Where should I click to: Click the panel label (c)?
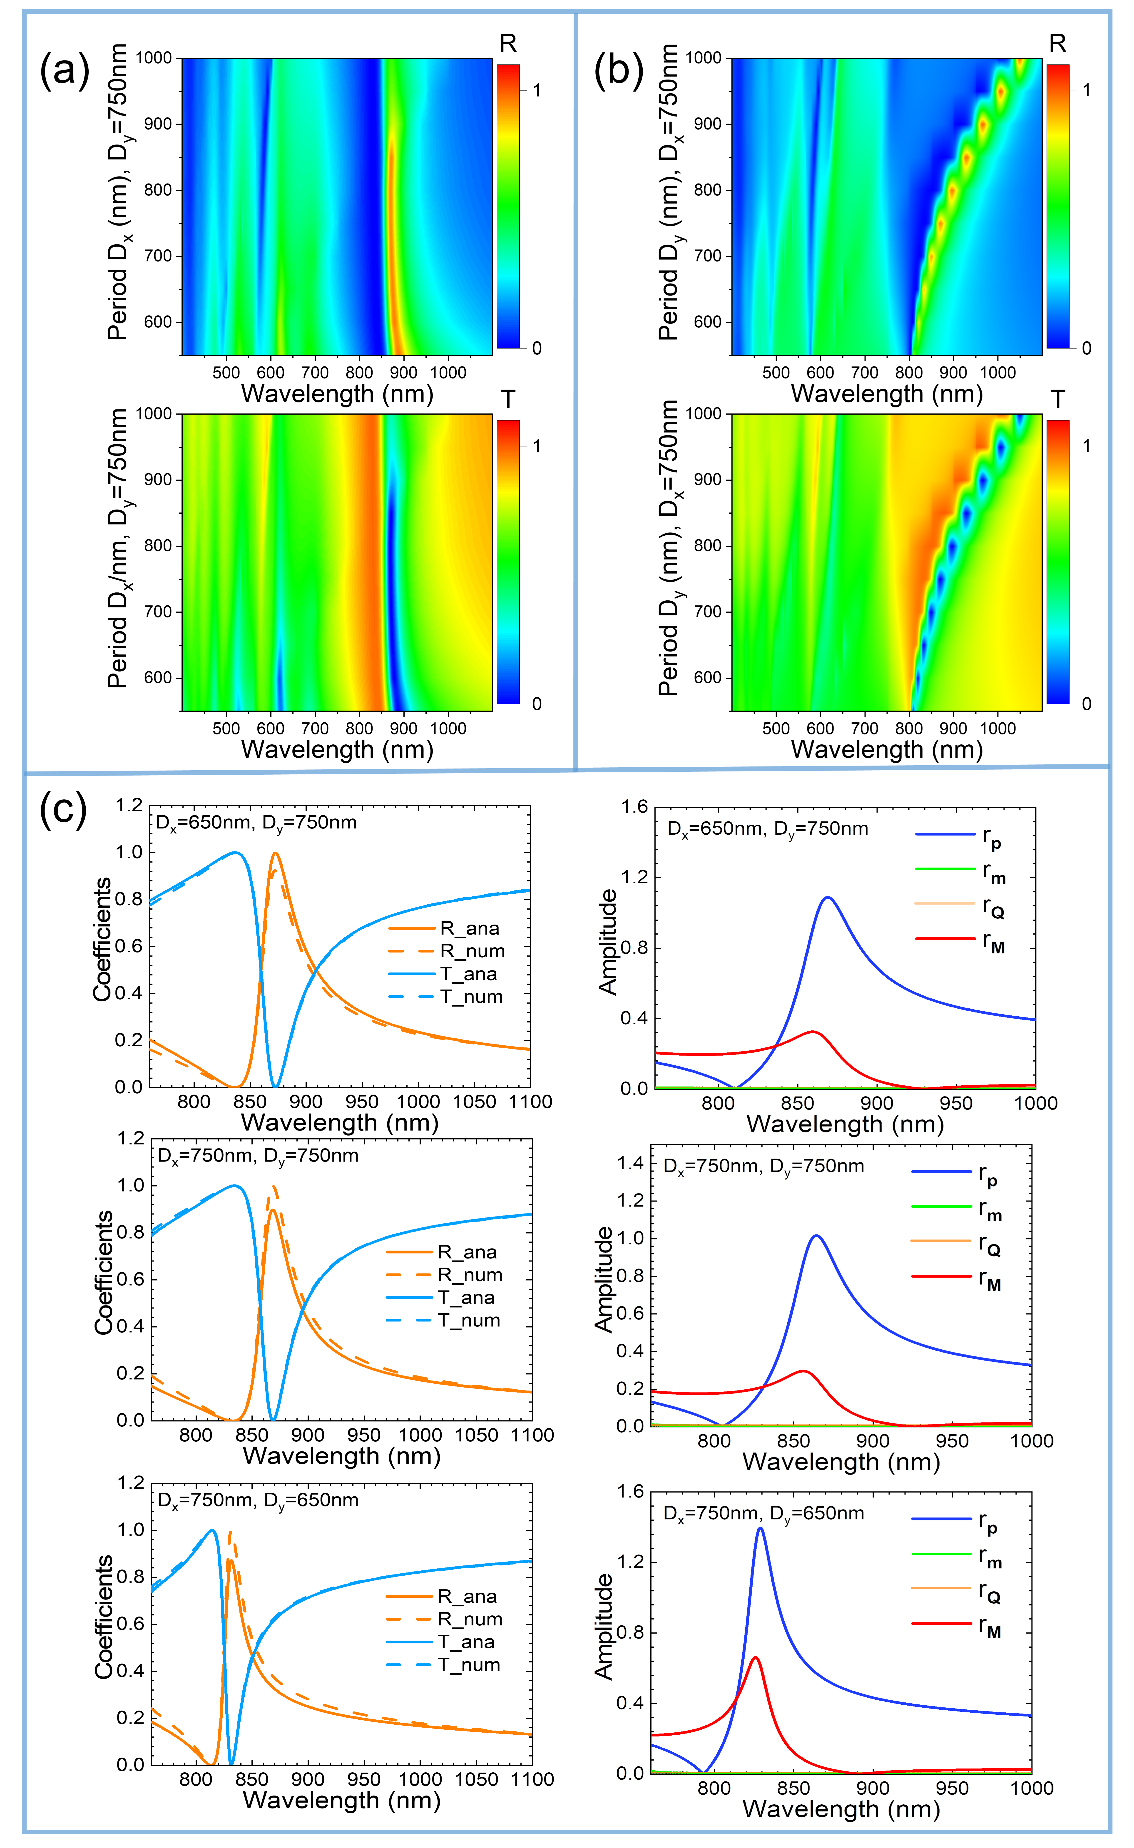[63, 810]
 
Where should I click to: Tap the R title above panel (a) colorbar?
[508, 44]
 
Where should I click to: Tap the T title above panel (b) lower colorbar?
[1057, 400]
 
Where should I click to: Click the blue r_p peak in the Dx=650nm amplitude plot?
[828, 898]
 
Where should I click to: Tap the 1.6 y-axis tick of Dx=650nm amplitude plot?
[634, 807]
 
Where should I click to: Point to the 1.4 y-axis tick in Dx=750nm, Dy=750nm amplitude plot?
[630, 1163]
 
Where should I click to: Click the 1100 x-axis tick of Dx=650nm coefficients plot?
[530, 1102]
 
